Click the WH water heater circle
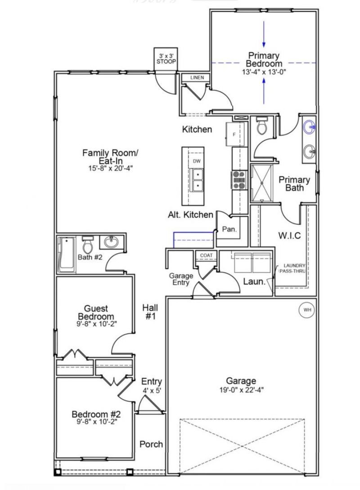tap(307, 310)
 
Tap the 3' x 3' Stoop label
tap(166, 59)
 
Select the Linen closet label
tap(197, 77)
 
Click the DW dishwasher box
tap(197, 161)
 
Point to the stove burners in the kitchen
tap(239, 180)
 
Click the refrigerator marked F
tap(235, 134)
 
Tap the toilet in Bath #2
tap(88, 245)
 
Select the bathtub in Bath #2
tap(67, 254)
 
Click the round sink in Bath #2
tap(111, 241)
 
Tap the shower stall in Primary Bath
tap(261, 183)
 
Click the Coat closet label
tap(207, 255)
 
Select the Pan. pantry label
tap(229, 229)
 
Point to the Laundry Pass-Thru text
tap(292, 268)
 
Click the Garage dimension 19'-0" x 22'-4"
tap(241, 390)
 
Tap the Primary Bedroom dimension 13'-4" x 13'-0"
tap(264, 72)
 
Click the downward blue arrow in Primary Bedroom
tap(264, 34)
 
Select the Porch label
tap(151, 444)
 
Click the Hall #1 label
tap(150, 312)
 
